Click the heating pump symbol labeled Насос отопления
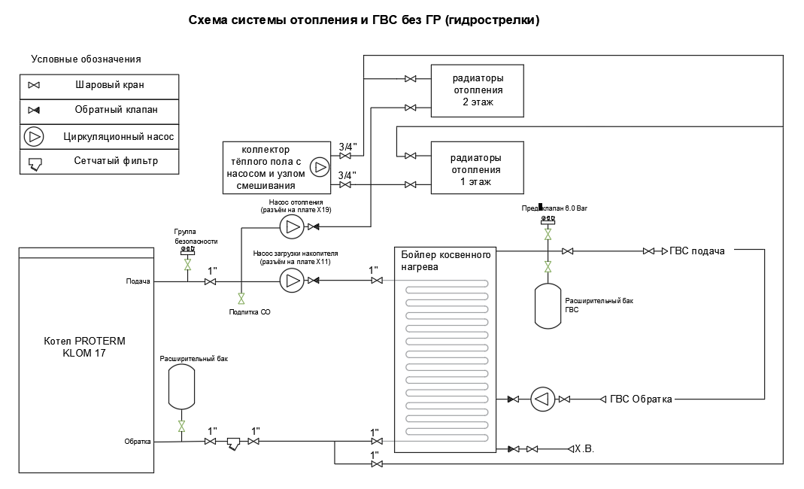[291, 226]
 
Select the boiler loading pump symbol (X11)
[291, 281]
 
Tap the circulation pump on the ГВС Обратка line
[542, 399]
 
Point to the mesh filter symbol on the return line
[233, 443]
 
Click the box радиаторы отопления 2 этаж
[477, 90]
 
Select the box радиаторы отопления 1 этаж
[477, 169]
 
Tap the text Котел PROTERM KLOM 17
[84, 347]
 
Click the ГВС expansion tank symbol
[548, 305]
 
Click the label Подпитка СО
[250, 311]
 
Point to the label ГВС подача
[697, 251]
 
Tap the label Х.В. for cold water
[584, 449]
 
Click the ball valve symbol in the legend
[34, 86]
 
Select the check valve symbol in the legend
[34, 111]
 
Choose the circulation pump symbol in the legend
[35, 137]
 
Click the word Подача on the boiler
[138, 281]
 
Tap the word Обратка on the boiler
[138, 442]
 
